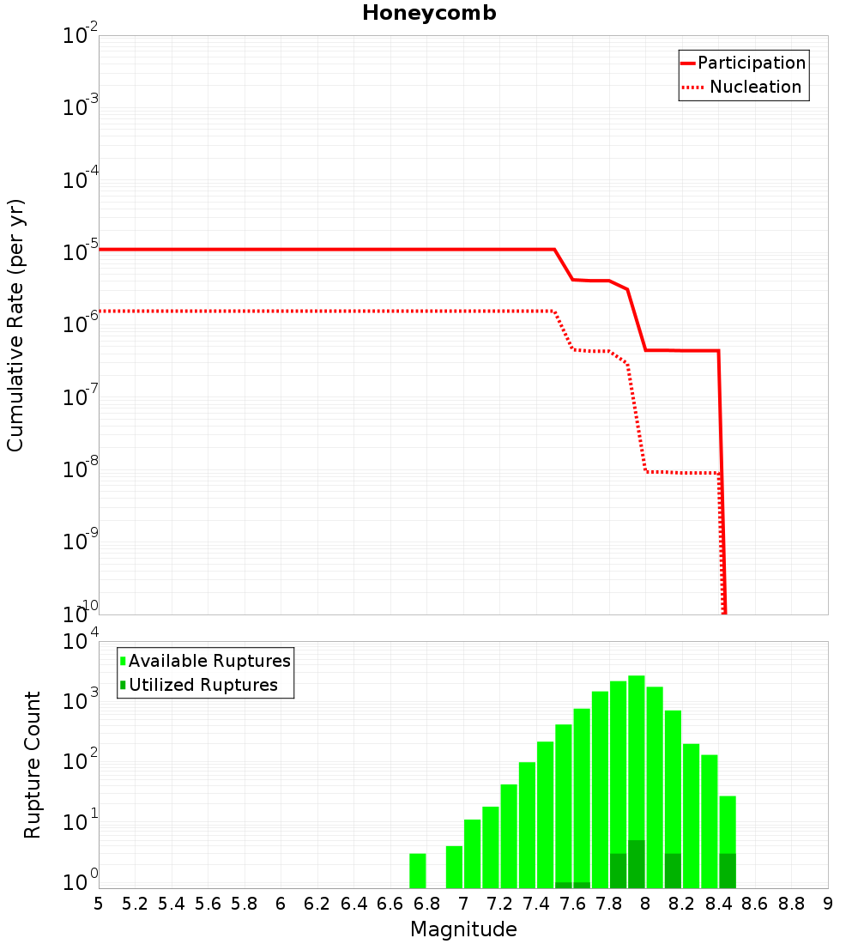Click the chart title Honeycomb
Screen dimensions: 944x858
pyautogui.click(x=429, y=13)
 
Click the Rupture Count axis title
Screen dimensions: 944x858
pyautogui.click(x=33, y=765)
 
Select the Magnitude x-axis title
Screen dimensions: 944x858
pyautogui.click(x=463, y=929)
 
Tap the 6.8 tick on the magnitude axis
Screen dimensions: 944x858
pyautogui.click(x=427, y=904)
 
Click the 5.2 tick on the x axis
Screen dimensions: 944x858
pyautogui.click(x=136, y=904)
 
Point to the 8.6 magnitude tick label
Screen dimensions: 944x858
pyautogui.click(x=755, y=904)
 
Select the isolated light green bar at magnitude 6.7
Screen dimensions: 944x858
pyautogui.click(x=418, y=870)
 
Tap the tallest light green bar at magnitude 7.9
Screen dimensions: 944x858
pyautogui.click(x=636, y=755)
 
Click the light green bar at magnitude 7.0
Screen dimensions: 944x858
pyautogui.click(x=472, y=853)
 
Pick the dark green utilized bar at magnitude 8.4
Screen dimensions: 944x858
pyautogui.click(x=728, y=870)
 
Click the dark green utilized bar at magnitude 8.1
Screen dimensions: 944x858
pyautogui.click(x=673, y=870)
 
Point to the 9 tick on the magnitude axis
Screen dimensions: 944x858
pyautogui.click(x=827, y=904)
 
